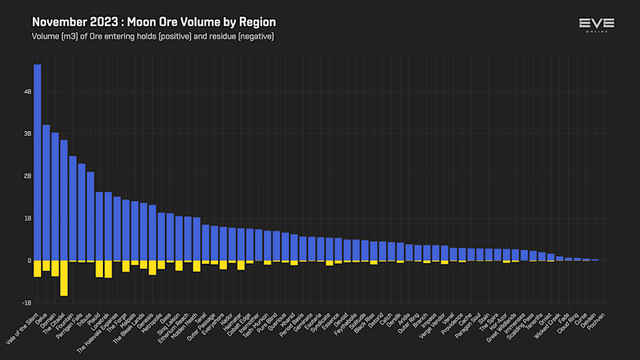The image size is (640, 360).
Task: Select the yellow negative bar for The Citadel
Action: click(x=64, y=277)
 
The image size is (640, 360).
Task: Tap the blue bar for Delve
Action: click(x=46, y=192)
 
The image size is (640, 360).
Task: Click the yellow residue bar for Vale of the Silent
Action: click(x=37, y=268)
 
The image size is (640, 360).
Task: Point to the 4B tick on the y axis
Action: click(x=28, y=92)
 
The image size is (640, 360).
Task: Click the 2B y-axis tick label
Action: click(x=28, y=176)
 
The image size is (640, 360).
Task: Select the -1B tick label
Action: click(x=27, y=302)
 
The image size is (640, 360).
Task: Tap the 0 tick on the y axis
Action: click(x=29, y=260)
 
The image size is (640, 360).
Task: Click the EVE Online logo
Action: click(x=596, y=25)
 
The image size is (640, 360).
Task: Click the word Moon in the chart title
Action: click(x=142, y=22)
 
